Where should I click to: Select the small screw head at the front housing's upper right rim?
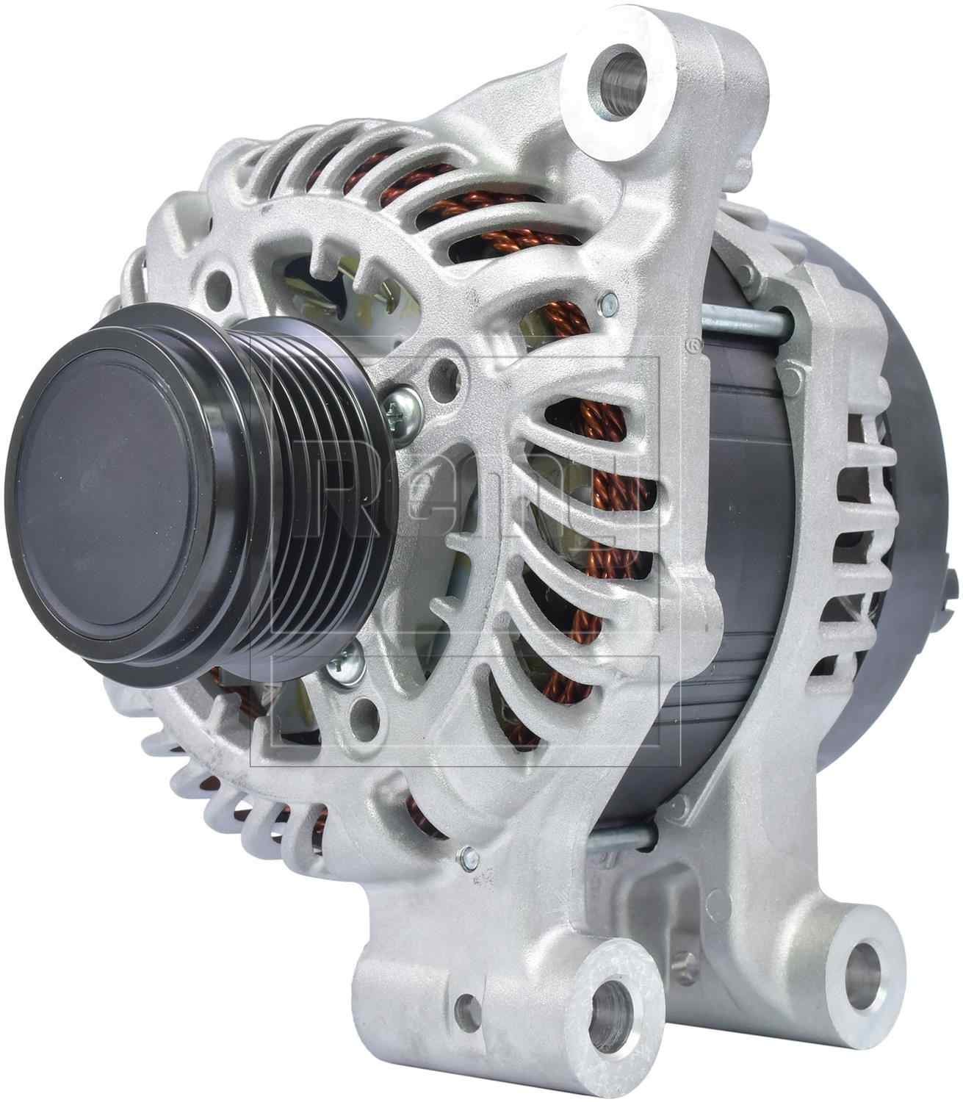tap(607, 300)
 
